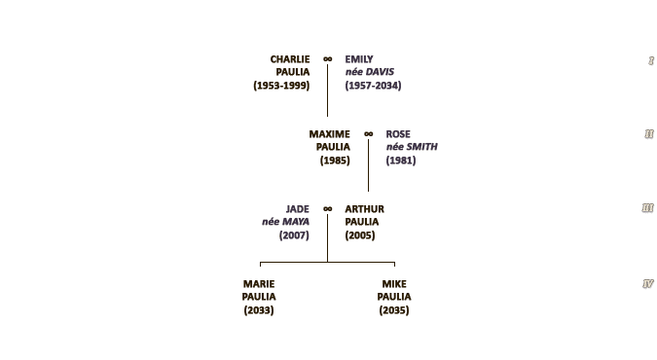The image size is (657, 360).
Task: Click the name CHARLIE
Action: click(290, 59)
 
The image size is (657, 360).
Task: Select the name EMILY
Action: click(359, 59)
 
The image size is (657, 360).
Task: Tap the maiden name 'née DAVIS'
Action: click(370, 72)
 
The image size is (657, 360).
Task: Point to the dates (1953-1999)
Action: click(281, 86)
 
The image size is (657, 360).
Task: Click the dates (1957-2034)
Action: click(374, 86)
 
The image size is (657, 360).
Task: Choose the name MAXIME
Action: click(329, 134)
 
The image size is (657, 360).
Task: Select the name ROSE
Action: click(398, 134)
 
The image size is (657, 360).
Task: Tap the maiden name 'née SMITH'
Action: click(412, 147)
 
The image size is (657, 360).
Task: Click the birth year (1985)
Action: click(335, 161)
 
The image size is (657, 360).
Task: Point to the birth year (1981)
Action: click(401, 161)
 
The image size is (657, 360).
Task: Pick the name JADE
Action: click(298, 209)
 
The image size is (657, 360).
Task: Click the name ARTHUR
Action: click(365, 209)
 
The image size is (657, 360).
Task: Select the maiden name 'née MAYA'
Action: click(286, 222)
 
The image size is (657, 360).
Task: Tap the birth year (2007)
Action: click(294, 235)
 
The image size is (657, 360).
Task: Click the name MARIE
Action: click(259, 284)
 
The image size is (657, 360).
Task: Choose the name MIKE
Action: click(394, 284)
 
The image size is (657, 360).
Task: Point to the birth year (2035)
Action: click(394, 310)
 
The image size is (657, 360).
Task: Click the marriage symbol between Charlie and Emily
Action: click(328, 59)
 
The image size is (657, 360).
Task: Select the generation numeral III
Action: click(648, 208)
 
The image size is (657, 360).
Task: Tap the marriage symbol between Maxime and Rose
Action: click(368, 134)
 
